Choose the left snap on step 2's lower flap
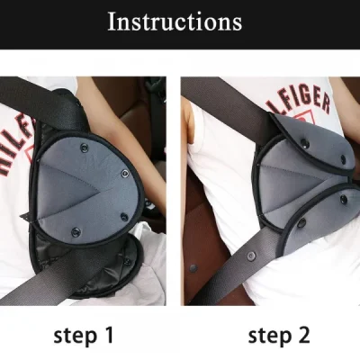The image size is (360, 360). click(x=301, y=221)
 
